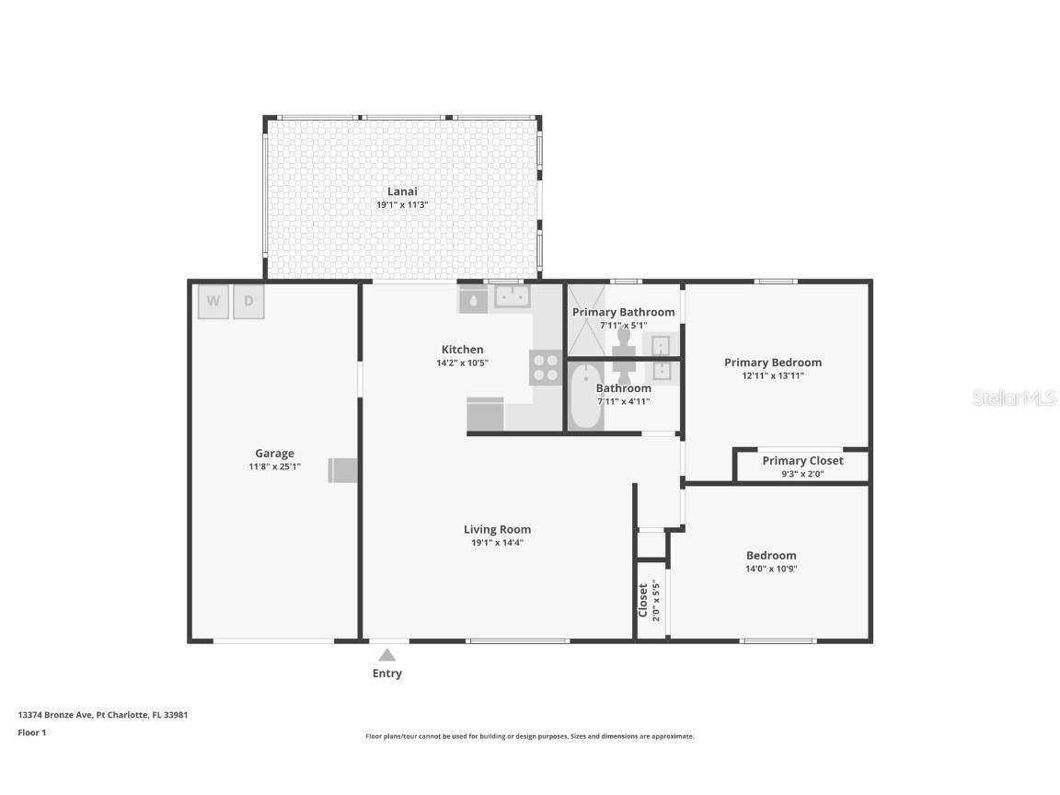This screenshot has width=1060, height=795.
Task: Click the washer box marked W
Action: click(213, 302)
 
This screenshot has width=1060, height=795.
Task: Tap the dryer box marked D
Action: click(248, 302)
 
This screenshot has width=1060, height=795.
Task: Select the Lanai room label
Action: click(402, 191)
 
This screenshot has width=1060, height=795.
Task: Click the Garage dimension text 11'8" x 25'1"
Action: click(274, 467)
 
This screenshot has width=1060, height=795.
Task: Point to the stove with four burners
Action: click(545, 367)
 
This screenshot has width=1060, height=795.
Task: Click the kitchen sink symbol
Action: click(511, 296)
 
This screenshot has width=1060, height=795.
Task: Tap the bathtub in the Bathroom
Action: click(585, 396)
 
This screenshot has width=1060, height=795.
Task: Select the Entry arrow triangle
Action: click(387, 655)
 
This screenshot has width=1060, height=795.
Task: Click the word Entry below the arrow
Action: click(387, 674)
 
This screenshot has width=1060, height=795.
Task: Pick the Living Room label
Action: click(497, 529)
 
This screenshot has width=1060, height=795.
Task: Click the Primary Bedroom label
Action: click(773, 363)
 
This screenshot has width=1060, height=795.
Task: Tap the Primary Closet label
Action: click(802, 461)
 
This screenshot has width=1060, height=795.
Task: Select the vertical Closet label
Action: click(643, 600)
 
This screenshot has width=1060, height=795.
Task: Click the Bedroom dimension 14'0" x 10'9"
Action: click(771, 569)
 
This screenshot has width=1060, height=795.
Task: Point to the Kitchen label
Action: click(462, 350)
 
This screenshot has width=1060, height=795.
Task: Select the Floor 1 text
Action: click(32, 732)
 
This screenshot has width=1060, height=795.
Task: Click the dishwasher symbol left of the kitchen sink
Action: click(473, 299)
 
